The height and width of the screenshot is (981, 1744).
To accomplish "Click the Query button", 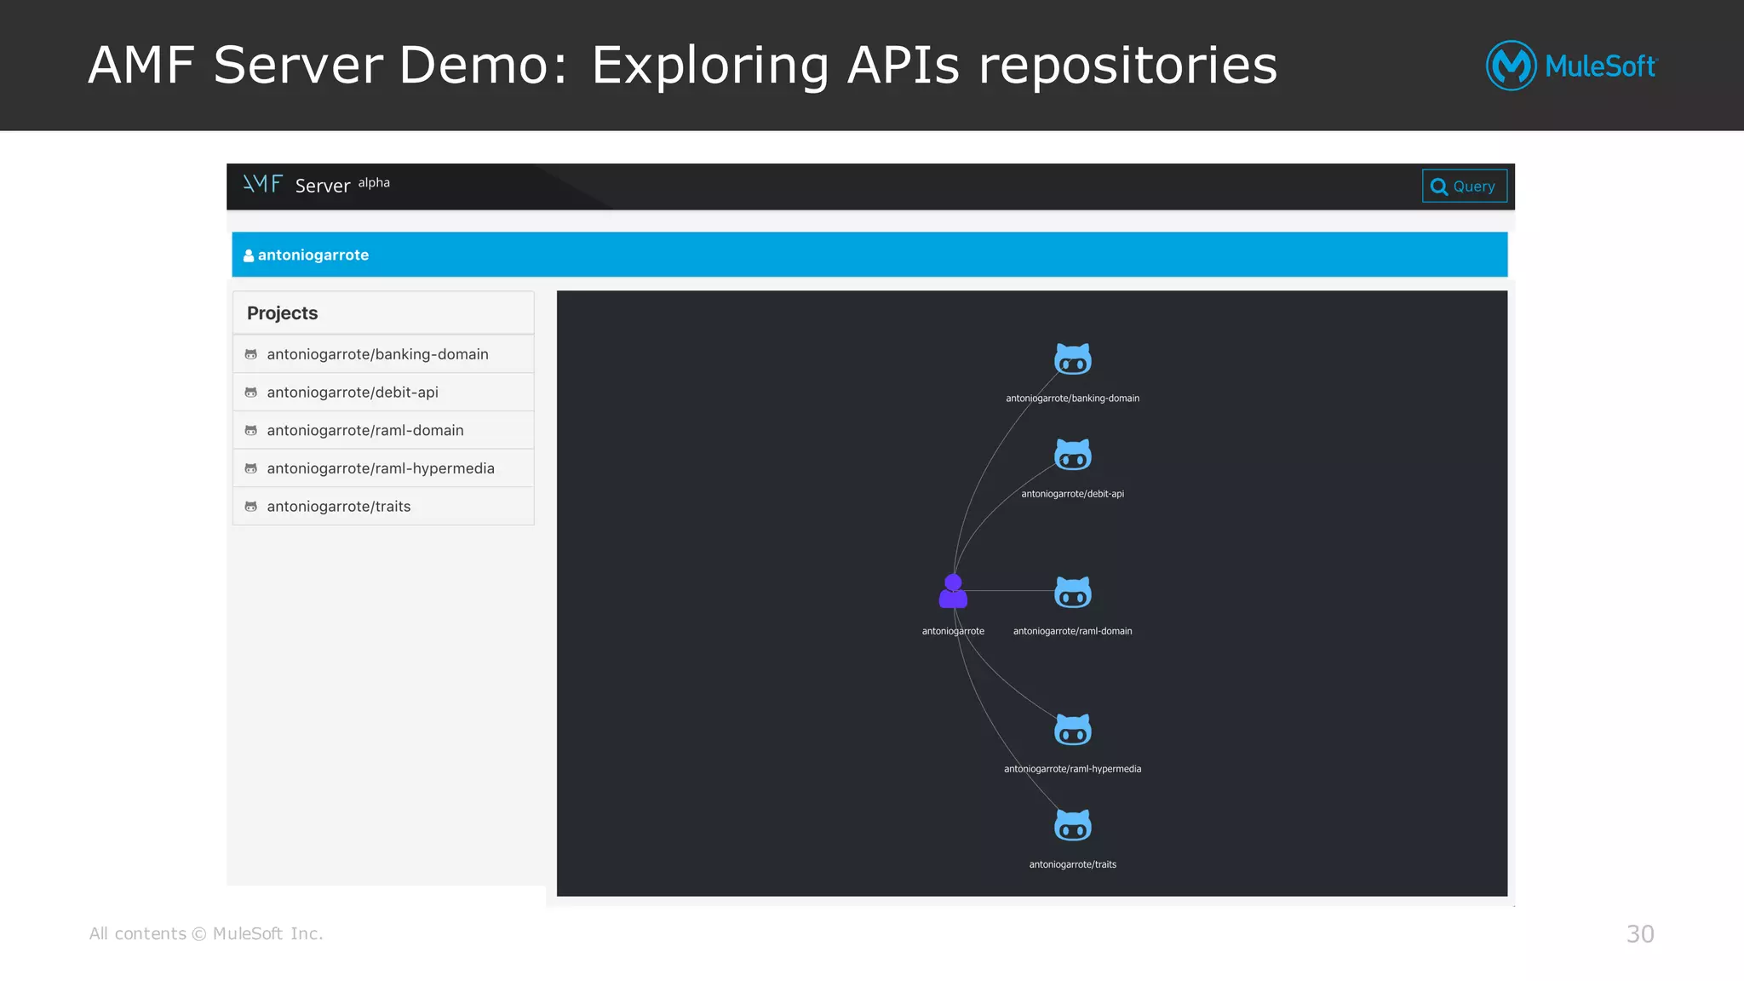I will (1464, 186).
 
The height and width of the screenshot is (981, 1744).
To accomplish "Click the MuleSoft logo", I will (1571, 66).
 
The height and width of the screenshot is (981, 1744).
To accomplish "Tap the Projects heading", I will (282, 313).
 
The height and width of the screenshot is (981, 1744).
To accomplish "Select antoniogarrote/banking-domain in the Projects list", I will (377, 354).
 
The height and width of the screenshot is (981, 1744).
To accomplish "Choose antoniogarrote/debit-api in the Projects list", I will (353, 393).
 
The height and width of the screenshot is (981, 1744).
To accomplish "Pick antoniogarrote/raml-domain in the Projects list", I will (365, 431).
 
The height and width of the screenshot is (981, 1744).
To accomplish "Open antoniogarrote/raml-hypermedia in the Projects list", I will (380, 468).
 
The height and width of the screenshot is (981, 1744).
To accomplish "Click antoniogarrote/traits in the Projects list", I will (338, 507).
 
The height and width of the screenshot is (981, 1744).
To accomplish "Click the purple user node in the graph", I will (953, 591).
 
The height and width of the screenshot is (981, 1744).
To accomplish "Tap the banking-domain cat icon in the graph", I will (1073, 359).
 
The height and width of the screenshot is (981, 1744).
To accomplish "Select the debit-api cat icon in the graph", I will (1073, 455).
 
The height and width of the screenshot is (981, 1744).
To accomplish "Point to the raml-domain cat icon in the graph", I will (1073, 593).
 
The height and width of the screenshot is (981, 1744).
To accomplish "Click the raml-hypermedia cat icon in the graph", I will (1073, 730).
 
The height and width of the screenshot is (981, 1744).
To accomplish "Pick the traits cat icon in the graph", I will (1073, 825).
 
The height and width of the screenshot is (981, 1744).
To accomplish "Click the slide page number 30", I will (1640, 934).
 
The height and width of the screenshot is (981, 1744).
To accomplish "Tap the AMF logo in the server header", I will (262, 184).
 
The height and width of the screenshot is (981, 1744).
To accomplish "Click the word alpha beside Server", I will (374, 182).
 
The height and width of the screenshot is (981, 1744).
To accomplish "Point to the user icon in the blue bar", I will (249, 255).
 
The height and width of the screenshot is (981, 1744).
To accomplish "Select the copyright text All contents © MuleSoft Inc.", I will (206, 934).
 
